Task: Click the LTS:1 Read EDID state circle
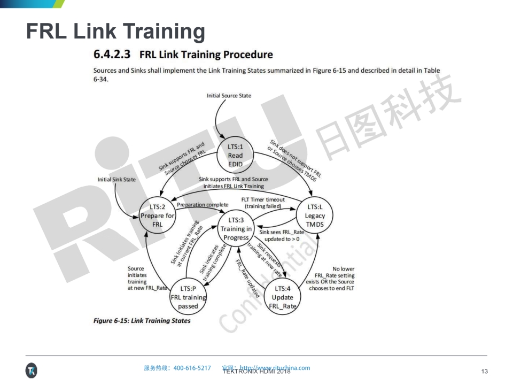coord(235,155)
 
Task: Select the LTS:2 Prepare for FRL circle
coord(157,215)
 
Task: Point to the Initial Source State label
coord(229,96)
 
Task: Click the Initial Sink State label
coord(116,180)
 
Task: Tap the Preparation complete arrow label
coord(202,205)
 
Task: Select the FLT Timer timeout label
coord(263,202)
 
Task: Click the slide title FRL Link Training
coord(115,32)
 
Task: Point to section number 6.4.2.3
coord(112,55)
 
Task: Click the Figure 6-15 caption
coord(142,321)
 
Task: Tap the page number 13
coord(485,372)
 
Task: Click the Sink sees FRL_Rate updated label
coord(281,235)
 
